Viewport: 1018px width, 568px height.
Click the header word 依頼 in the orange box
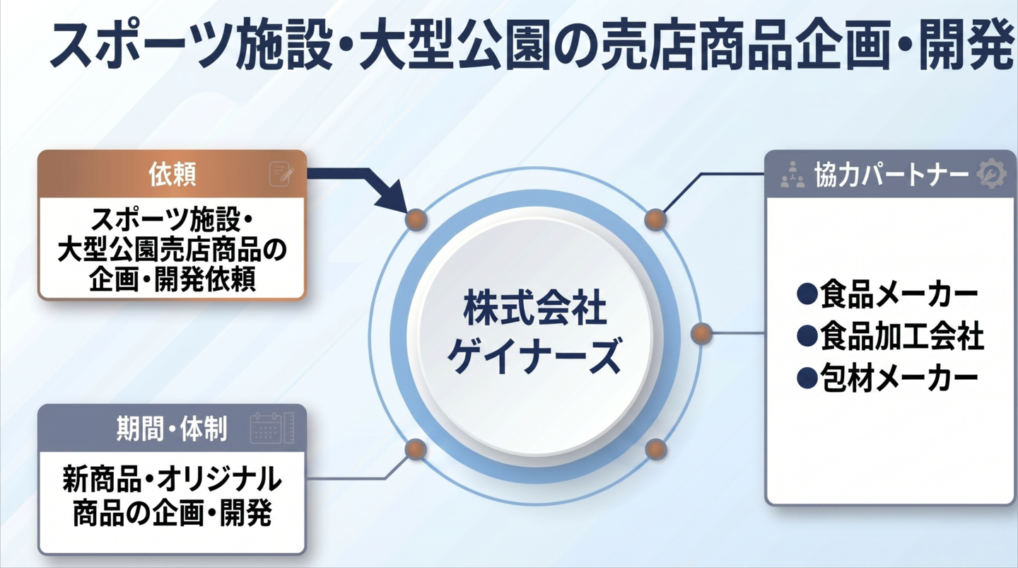click(x=172, y=174)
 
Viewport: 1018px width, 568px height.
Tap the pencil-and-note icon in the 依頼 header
click(x=281, y=174)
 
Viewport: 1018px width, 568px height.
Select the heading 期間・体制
click(x=172, y=429)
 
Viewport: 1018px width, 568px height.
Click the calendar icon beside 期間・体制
click(x=271, y=428)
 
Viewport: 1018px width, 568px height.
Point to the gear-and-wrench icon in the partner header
click(x=991, y=174)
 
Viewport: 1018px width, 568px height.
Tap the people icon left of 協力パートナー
click(x=792, y=175)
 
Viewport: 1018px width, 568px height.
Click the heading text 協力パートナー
click(x=891, y=175)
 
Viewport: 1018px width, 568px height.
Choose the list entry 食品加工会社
click(x=890, y=336)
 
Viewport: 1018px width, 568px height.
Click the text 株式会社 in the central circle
click(x=535, y=309)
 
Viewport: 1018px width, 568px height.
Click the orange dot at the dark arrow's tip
click(x=416, y=220)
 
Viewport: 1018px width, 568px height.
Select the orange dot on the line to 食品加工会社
click(x=701, y=334)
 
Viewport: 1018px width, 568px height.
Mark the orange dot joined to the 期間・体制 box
click(x=416, y=449)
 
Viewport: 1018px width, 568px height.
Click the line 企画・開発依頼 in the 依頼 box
click(x=172, y=279)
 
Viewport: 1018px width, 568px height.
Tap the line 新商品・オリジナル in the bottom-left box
click(x=172, y=479)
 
